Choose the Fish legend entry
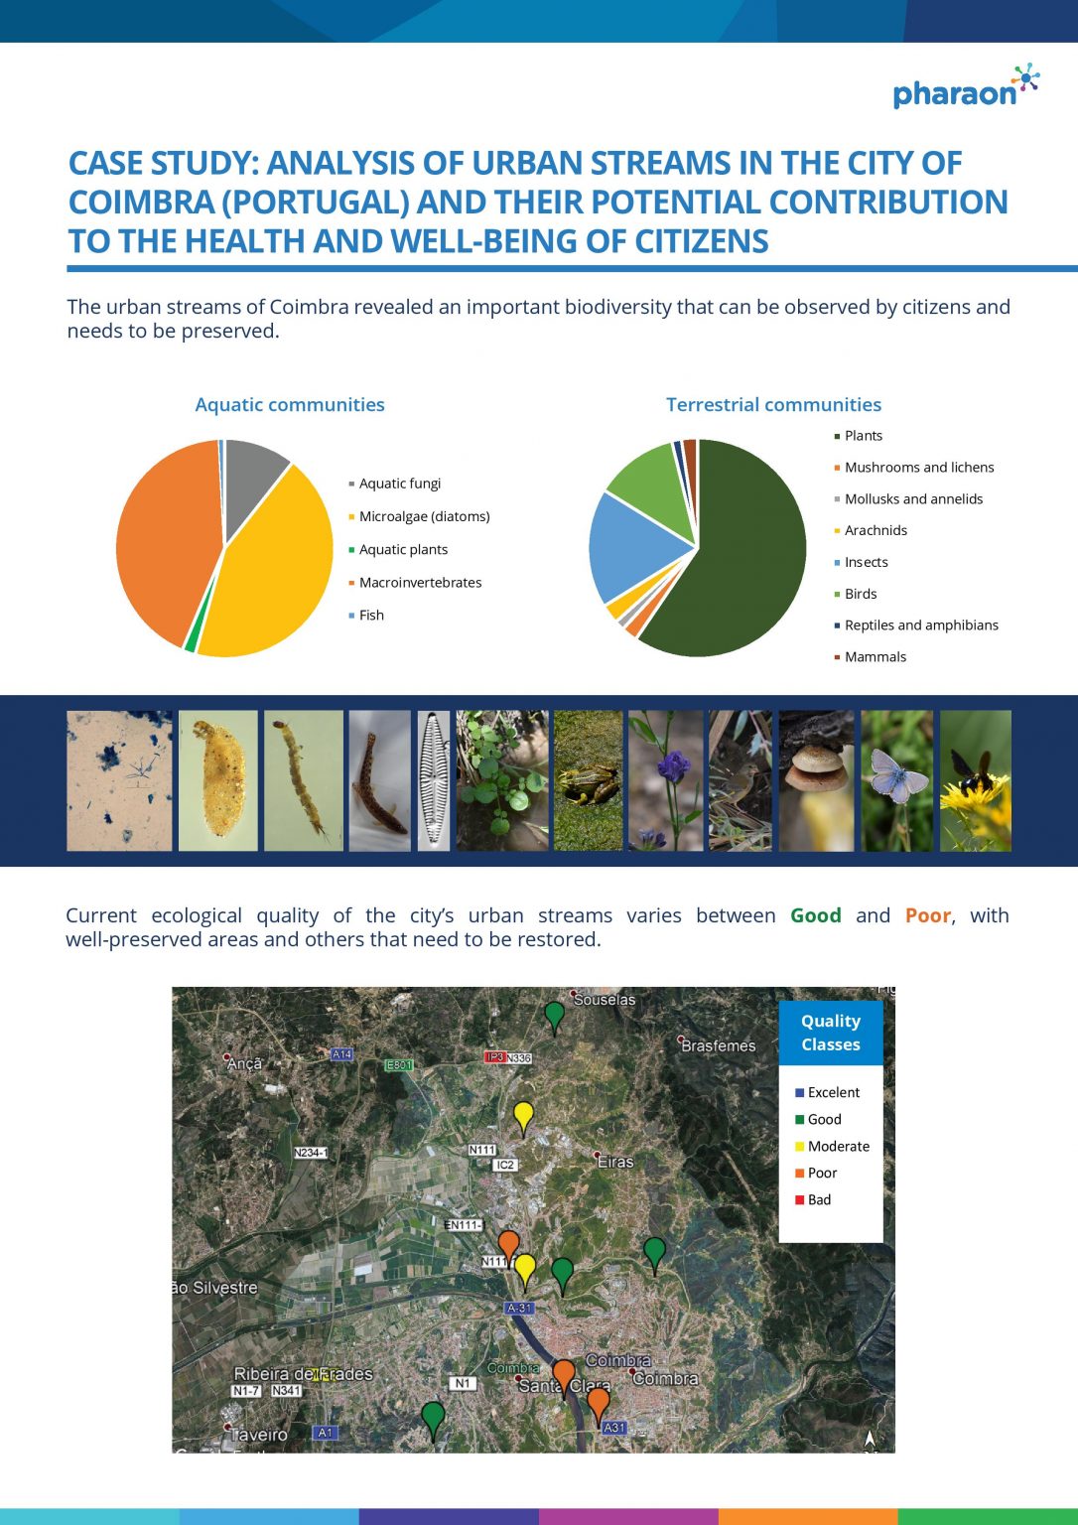[366, 616]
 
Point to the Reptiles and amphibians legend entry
[916, 624]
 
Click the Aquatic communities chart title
[290, 404]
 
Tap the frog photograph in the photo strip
[588, 780]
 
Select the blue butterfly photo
[897, 780]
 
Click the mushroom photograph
[816, 780]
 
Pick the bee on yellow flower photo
[975, 780]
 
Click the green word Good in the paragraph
[815, 915]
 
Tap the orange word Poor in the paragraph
[927, 915]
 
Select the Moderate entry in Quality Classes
[832, 1147]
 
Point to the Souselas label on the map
[604, 1000]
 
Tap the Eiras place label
[615, 1163]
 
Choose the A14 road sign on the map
[340, 1054]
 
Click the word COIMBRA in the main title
[141, 203]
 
